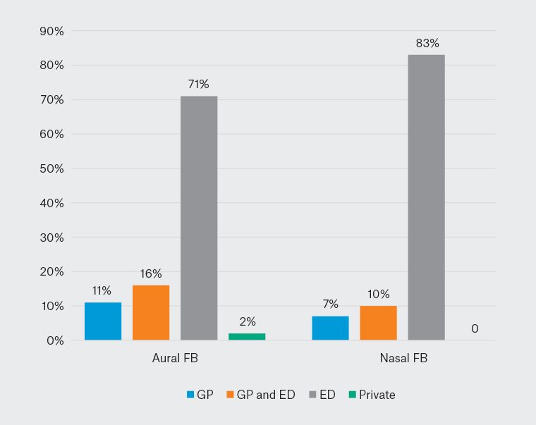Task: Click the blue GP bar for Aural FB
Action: pos(103,321)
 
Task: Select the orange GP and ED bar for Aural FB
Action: pos(151,313)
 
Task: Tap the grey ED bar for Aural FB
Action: pos(199,218)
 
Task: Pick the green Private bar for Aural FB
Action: pos(247,337)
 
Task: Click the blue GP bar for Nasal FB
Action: pos(330,328)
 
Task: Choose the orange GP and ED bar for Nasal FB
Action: pos(378,324)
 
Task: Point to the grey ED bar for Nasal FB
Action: pos(426,197)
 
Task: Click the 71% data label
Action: pos(198,85)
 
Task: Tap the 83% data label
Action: pos(426,44)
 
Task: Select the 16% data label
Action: pos(151,273)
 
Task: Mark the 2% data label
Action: pos(247,321)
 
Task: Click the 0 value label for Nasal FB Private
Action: pos(475,328)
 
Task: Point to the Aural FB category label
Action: pos(175,358)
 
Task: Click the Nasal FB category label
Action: pos(403,358)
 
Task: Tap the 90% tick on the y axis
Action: pos(51,31)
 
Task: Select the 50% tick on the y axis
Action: pos(51,168)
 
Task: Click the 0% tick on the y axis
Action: pos(54,340)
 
